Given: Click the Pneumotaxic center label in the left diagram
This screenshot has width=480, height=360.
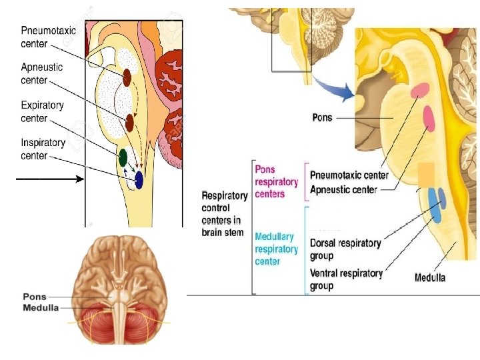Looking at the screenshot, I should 48,37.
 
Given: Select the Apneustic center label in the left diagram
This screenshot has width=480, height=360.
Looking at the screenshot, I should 41,73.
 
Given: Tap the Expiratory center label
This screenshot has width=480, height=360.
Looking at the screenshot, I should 42,111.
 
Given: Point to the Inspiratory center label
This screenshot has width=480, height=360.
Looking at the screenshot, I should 43,149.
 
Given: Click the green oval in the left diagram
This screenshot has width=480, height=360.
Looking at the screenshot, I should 123,157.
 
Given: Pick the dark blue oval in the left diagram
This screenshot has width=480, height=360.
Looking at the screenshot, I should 139,179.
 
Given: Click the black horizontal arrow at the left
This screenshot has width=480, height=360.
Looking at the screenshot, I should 50,179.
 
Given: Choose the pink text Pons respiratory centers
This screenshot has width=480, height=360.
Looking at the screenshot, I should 269,182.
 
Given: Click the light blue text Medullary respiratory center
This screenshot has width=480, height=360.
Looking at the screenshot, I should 276,249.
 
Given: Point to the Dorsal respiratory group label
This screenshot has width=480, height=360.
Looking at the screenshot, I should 345,249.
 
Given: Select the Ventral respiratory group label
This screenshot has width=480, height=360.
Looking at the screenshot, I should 346,279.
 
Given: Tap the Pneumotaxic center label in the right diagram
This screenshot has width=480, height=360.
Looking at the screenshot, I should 349,175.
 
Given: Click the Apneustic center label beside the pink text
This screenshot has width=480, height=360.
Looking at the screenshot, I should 343,189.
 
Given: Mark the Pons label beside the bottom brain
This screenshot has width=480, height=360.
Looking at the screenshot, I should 34,297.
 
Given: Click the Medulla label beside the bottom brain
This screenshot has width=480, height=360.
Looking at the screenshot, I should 41,307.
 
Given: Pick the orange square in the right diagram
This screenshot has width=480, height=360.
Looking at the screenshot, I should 426,173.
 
